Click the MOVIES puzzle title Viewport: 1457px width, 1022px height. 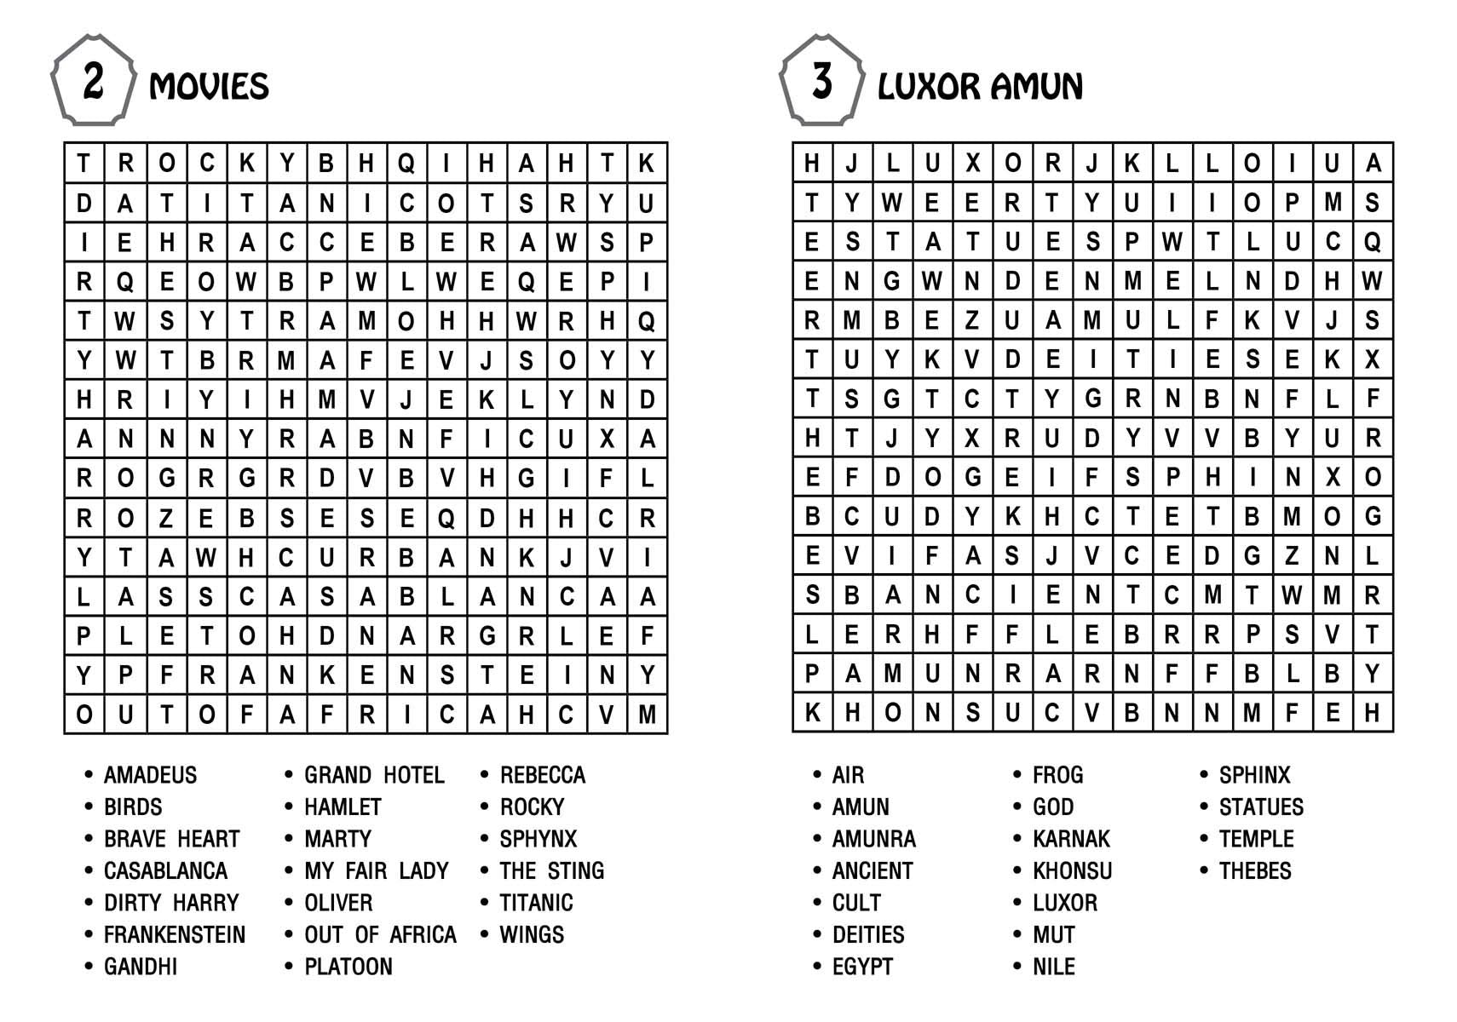[x=209, y=87]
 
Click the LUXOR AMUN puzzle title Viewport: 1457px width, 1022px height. [x=980, y=87]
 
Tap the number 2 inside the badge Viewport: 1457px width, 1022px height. [x=93, y=81]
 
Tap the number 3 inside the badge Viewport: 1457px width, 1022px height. [x=821, y=81]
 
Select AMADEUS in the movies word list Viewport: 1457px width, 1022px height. [x=150, y=775]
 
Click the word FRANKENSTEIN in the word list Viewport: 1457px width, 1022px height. [x=174, y=935]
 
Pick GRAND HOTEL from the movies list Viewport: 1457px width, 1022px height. [x=374, y=775]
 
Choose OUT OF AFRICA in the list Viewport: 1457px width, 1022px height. [x=380, y=935]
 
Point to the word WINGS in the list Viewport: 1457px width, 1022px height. [x=532, y=935]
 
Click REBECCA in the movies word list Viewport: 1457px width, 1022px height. [x=543, y=775]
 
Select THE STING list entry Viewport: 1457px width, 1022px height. [x=552, y=871]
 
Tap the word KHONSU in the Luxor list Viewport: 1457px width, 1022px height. [x=1072, y=871]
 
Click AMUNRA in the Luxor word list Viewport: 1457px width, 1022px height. [x=873, y=839]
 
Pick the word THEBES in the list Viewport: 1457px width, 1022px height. [x=1255, y=871]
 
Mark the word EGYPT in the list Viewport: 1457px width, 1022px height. [x=862, y=967]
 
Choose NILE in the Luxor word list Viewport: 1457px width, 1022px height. [x=1054, y=967]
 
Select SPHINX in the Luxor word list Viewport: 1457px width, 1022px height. [x=1254, y=775]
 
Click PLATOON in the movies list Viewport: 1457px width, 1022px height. [x=348, y=967]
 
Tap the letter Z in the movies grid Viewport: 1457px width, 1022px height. [x=166, y=518]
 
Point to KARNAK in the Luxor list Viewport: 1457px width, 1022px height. [x=1071, y=839]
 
